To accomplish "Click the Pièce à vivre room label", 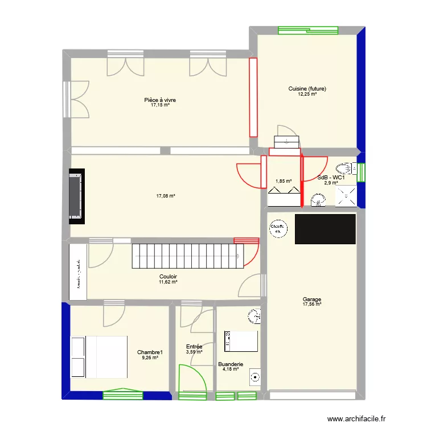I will [x=160, y=100].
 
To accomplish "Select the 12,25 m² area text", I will [x=307, y=94].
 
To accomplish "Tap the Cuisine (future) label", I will [x=307, y=89].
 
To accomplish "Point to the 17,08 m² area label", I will [x=166, y=196].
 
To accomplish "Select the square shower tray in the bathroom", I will [x=346, y=195].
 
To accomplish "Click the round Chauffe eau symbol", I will [x=278, y=228].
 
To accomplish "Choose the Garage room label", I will [x=312, y=299].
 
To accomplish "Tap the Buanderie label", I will [x=231, y=364].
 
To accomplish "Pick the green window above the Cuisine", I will [x=305, y=31].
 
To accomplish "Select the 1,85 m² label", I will [x=284, y=182].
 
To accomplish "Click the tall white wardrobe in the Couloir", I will [x=78, y=272].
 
